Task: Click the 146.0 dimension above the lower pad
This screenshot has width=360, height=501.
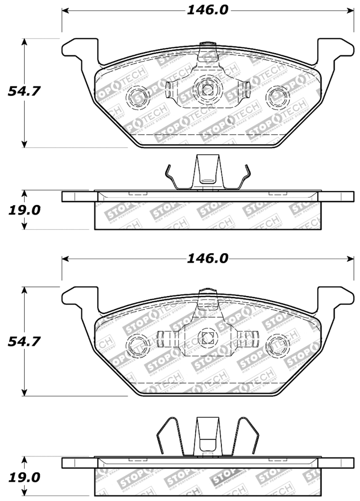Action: coord(207,259)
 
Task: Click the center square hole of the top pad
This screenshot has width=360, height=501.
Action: coord(207,89)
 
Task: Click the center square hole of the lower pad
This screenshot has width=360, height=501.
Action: coord(207,340)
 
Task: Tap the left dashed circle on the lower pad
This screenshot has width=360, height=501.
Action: coord(136,345)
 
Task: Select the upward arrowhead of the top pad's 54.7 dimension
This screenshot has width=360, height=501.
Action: coord(25,41)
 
